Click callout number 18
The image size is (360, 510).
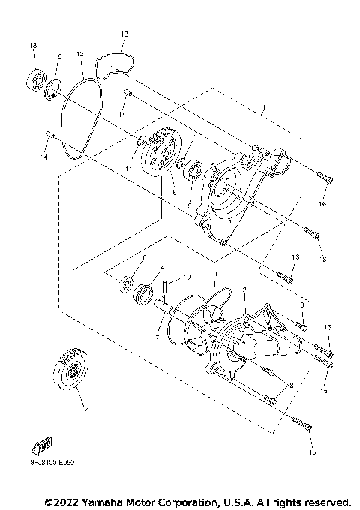(32, 46)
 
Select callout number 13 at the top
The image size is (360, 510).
(124, 34)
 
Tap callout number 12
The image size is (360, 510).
(79, 55)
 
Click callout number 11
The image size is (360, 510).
(128, 170)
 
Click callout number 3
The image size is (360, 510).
(214, 274)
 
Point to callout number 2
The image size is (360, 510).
(244, 289)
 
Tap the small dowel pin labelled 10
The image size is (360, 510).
(169, 286)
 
